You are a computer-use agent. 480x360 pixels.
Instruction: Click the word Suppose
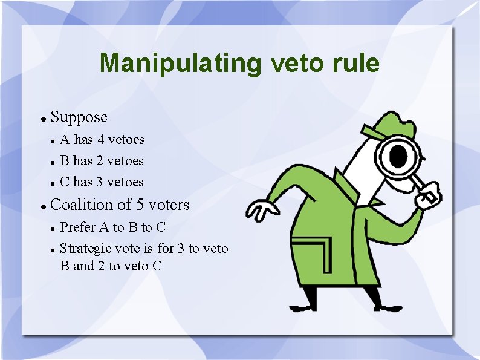click(x=79, y=117)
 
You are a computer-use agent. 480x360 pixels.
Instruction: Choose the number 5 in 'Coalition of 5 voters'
click(x=126, y=205)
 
